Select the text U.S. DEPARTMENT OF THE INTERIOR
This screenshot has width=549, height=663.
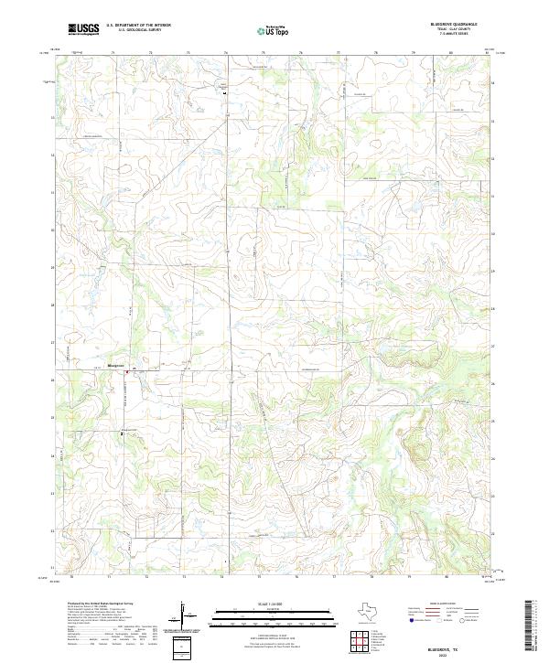click(x=138, y=26)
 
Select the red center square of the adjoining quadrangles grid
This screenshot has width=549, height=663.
click(x=363, y=642)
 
